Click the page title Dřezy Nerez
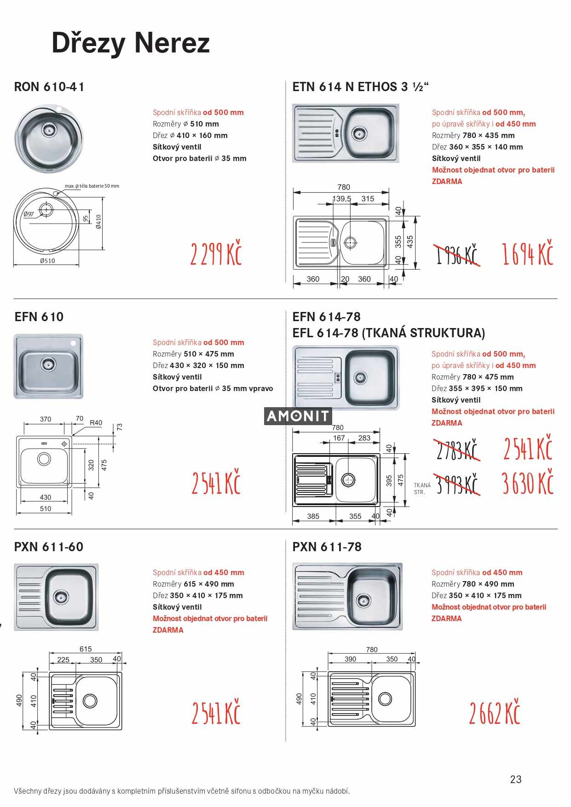(x=131, y=43)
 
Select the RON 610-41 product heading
(x=49, y=87)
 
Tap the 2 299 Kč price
(x=216, y=253)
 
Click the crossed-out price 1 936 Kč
(x=457, y=254)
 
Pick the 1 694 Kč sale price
(x=527, y=253)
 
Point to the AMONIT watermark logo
(x=298, y=416)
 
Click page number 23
(x=516, y=779)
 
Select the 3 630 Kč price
(x=527, y=483)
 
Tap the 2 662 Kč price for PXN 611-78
(x=494, y=713)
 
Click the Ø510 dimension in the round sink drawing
(x=47, y=261)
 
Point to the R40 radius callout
(x=96, y=423)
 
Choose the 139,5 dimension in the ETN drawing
(x=342, y=199)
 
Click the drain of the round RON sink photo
(x=48, y=130)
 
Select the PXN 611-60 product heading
(x=49, y=547)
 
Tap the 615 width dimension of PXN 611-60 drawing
(x=86, y=649)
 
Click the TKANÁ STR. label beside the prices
(x=422, y=489)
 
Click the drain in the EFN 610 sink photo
(x=48, y=364)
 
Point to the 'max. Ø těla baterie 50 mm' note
(x=92, y=186)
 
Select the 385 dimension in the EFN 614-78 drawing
(x=313, y=516)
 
